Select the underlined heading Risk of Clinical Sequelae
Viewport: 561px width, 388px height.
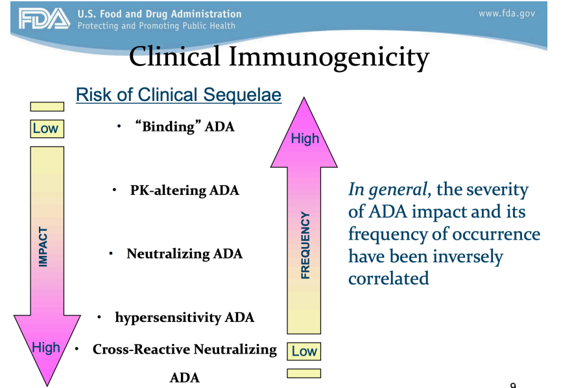tap(178, 95)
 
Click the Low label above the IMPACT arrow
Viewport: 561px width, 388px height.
tap(45, 128)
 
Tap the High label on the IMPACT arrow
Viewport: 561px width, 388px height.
tap(46, 348)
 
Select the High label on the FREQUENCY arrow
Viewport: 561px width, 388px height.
tap(304, 138)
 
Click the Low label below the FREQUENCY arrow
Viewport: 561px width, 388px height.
tap(304, 351)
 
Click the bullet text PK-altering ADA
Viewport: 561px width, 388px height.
tap(184, 190)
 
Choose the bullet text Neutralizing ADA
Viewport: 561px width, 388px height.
tap(184, 254)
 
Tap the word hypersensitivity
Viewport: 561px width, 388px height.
tap(168, 317)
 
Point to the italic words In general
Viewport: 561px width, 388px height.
tap(388, 190)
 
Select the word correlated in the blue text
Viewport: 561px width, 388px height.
tap(388, 278)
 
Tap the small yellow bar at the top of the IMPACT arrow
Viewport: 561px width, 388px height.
tap(47, 107)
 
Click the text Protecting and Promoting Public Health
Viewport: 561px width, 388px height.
tap(156, 26)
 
